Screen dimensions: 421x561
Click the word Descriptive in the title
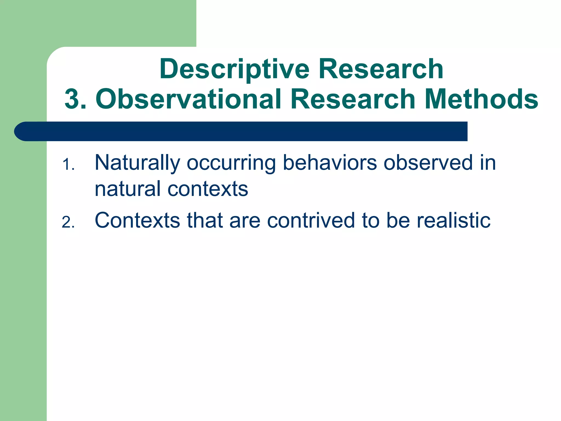pyautogui.click(x=234, y=69)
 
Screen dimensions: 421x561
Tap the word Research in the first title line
pyautogui.click(x=381, y=69)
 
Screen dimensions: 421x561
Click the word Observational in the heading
pyautogui.click(x=189, y=99)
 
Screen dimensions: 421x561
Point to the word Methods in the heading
pyautogui.click(x=482, y=99)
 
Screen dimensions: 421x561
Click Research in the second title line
pyautogui.click(x=353, y=99)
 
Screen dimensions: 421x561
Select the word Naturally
pyautogui.click(x=137, y=163)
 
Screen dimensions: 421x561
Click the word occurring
pyautogui.click(x=231, y=163)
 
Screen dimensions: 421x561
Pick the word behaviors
pyautogui.click(x=330, y=163)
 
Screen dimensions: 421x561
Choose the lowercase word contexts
pyautogui.click(x=208, y=189)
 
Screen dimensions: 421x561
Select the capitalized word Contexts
pyautogui.click(x=137, y=220)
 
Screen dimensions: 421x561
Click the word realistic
pyautogui.click(x=454, y=220)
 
